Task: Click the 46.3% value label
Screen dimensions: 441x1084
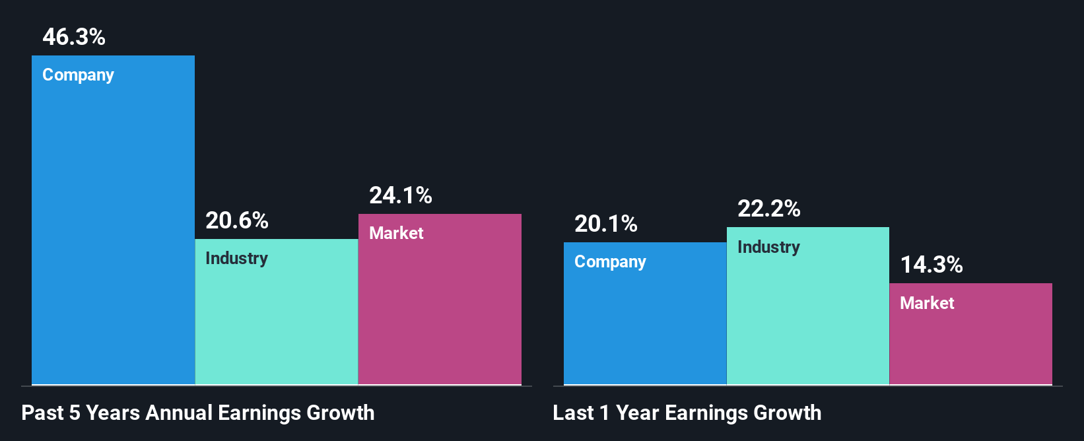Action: pyautogui.click(x=74, y=37)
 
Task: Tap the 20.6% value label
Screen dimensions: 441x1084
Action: pyautogui.click(x=237, y=220)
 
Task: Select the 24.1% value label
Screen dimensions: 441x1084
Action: pyautogui.click(x=401, y=195)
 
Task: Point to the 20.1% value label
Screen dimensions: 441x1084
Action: pyautogui.click(x=606, y=224)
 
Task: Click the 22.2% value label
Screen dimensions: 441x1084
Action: pyautogui.click(x=769, y=209)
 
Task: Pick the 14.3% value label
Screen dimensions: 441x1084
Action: pyautogui.click(x=932, y=265)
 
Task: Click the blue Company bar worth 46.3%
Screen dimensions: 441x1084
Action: pyautogui.click(x=113, y=231)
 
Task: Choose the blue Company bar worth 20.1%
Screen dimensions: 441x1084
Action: pyautogui.click(x=645, y=323)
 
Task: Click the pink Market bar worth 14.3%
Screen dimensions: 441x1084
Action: pyautogui.click(x=970, y=343)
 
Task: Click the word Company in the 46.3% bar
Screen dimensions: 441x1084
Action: pyautogui.click(x=78, y=75)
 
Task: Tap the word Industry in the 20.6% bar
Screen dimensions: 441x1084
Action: pyautogui.click(x=236, y=258)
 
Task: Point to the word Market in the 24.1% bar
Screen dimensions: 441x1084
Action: pyautogui.click(x=396, y=233)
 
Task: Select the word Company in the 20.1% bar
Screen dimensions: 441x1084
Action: pyautogui.click(x=610, y=262)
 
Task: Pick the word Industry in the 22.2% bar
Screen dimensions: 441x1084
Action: pyautogui.click(x=768, y=247)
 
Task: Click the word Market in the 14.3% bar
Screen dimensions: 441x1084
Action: pyautogui.click(x=927, y=303)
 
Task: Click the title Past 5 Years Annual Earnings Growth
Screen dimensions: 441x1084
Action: pyautogui.click(x=198, y=413)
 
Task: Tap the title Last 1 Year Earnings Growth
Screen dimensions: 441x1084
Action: pyautogui.click(x=687, y=413)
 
